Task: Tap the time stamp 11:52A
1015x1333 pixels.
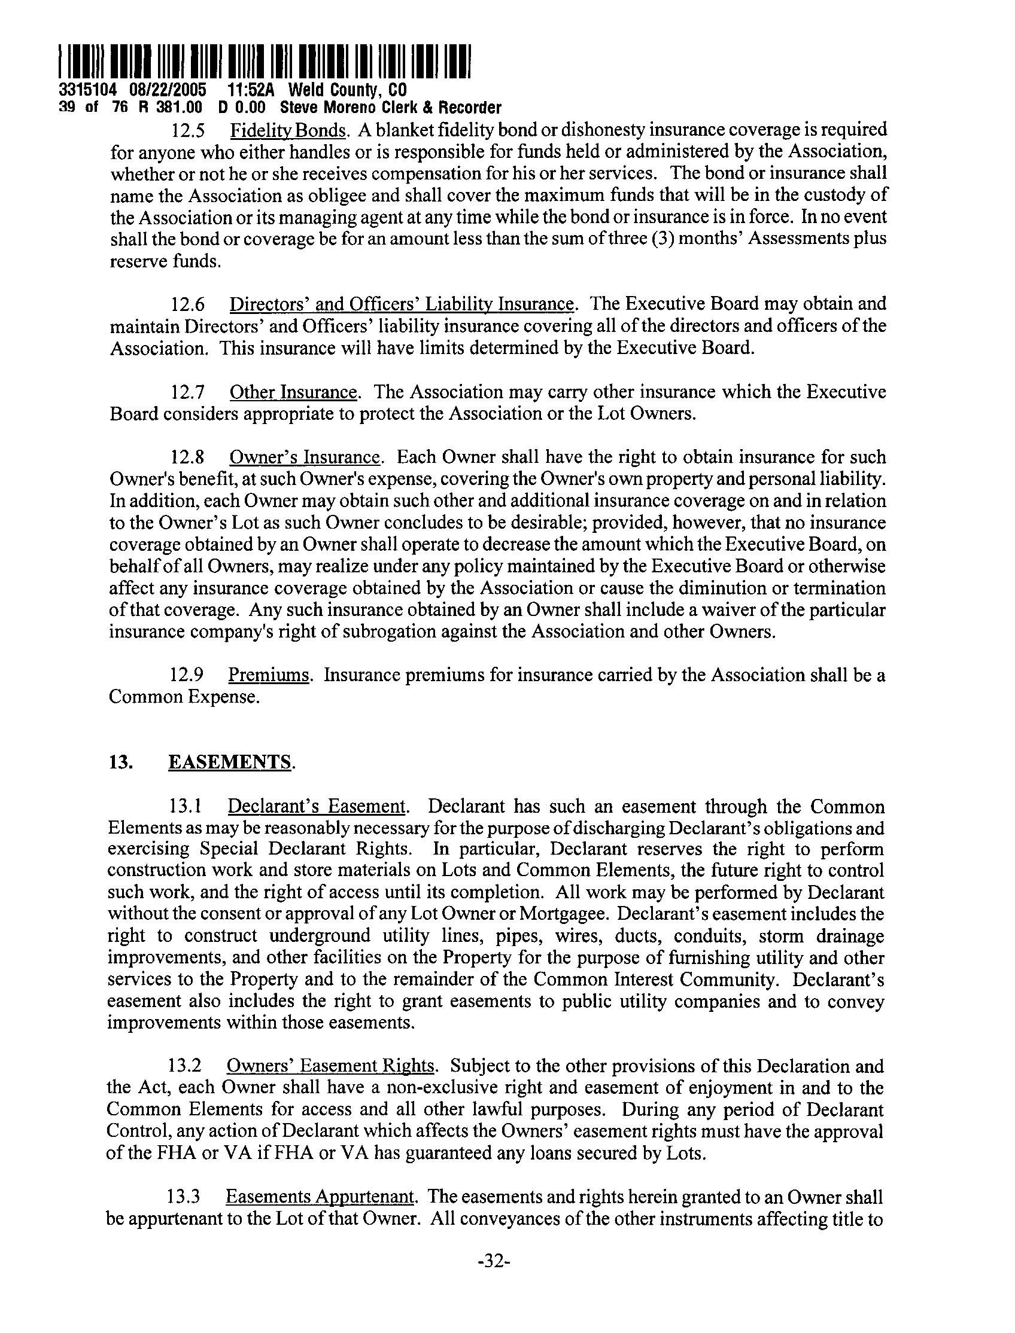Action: point(251,90)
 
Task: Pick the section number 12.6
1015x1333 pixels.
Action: point(187,304)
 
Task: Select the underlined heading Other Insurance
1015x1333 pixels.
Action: point(294,393)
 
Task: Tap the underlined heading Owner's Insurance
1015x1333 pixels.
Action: point(306,457)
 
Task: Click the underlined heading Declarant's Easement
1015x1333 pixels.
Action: point(316,807)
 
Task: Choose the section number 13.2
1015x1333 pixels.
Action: point(184,1066)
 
